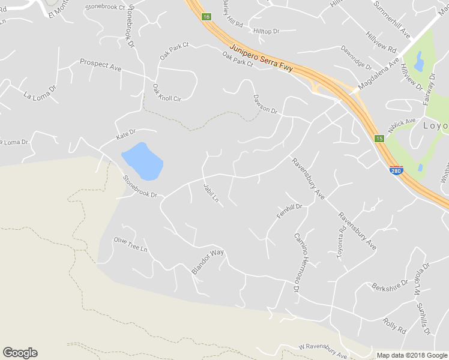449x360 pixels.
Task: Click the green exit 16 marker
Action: point(206,17)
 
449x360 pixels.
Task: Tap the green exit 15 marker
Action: point(379,139)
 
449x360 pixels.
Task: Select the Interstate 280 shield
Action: point(396,171)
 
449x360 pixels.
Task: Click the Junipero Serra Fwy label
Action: point(261,58)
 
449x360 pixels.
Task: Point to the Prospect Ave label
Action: point(101,65)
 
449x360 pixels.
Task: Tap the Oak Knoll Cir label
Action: point(166,92)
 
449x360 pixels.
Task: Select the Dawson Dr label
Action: point(265,103)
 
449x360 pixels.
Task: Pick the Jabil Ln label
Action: point(211,193)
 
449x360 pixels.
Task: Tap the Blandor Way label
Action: point(208,262)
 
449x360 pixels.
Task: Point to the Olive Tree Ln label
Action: point(130,245)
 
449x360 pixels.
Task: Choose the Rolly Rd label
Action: point(394,326)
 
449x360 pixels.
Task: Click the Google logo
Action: point(20,353)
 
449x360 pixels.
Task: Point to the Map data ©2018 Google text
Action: point(412,355)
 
